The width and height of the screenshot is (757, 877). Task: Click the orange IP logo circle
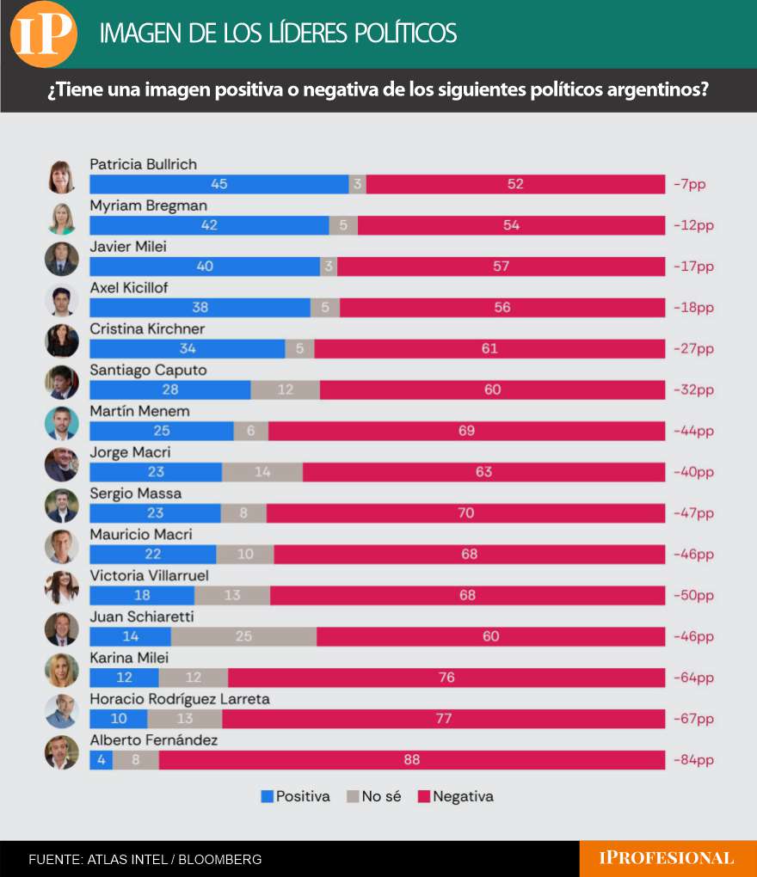coord(44,34)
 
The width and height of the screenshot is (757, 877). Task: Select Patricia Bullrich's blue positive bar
coord(219,184)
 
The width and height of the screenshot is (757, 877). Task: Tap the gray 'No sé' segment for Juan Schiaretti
coord(244,636)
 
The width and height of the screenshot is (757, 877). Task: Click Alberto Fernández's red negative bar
coord(412,759)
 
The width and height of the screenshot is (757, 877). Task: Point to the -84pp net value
coord(694,760)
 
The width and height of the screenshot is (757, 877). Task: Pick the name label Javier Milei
coord(128,247)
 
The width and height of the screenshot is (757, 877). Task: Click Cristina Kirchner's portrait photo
coord(62,340)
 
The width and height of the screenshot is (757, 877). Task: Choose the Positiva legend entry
coord(295,796)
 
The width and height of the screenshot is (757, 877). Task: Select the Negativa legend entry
coord(456,796)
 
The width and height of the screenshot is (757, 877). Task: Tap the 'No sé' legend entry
coord(374,796)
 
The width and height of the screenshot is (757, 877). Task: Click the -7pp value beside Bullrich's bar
coord(690,184)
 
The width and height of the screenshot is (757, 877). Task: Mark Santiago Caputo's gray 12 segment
coord(286,389)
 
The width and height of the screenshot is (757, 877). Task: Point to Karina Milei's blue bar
coord(124,678)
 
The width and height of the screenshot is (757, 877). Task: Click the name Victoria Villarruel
coord(150,575)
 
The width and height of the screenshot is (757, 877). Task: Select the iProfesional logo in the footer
coord(667,858)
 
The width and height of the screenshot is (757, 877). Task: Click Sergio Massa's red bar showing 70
coord(466,513)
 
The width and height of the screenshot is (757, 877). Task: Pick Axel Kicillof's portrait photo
coord(62,299)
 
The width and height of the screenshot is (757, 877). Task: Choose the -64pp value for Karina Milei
coord(694,678)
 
